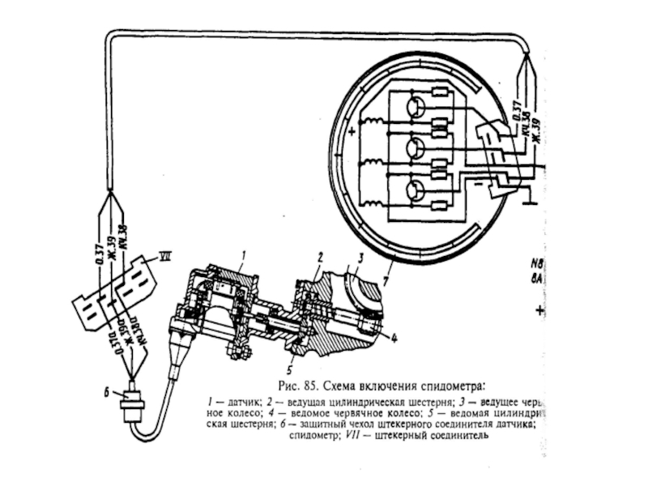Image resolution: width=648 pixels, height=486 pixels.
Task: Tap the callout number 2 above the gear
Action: click(321, 256)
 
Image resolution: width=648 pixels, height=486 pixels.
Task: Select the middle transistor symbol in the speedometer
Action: click(416, 149)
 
